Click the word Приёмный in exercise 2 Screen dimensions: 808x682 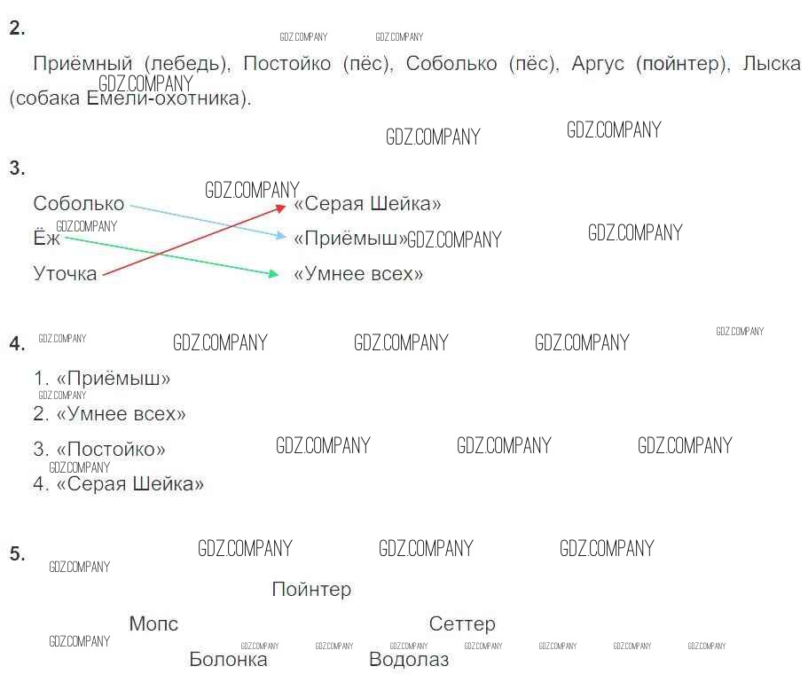click(x=83, y=64)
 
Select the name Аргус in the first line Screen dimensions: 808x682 click(x=598, y=64)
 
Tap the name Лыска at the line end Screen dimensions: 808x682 click(x=772, y=63)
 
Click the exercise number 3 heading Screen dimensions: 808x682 click(x=17, y=168)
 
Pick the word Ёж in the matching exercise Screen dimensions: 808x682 click(x=47, y=238)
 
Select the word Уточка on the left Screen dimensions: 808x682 click(x=65, y=273)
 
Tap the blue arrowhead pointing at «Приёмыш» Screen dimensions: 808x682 click(x=281, y=236)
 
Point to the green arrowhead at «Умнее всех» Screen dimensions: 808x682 click(x=274, y=274)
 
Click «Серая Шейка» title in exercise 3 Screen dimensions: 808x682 click(x=367, y=203)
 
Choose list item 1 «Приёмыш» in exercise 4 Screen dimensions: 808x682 click(x=102, y=379)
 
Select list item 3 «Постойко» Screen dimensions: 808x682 click(x=99, y=449)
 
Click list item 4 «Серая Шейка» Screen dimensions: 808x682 click(x=119, y=483)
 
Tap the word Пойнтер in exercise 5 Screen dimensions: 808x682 click(x=312, y=589)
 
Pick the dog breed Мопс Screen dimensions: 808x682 click(x=153, y=623)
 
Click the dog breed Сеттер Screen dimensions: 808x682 click(x=462, y=623)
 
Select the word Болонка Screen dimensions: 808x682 click(x=228, y=659)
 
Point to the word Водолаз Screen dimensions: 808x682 click(x=409, y=659)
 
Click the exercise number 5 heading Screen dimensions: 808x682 click(x=17, y=553)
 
